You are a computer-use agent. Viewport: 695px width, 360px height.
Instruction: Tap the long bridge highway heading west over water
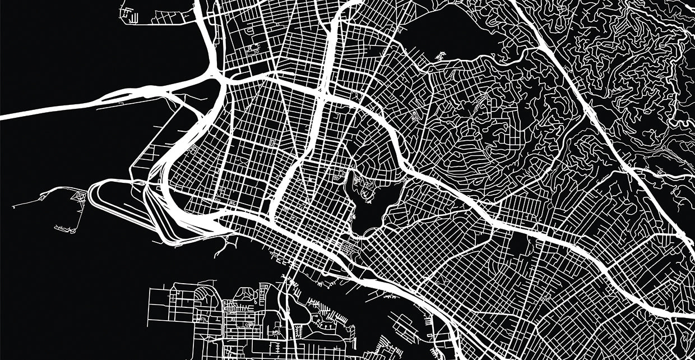56,110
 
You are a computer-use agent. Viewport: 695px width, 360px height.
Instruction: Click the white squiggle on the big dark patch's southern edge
440,56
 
